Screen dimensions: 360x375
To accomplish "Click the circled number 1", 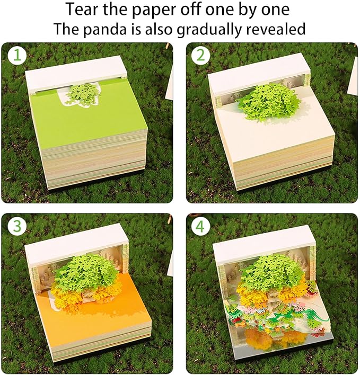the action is (17, 56).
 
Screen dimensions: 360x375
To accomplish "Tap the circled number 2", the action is (200, 56).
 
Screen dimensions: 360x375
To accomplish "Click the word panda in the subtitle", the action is (104, 29).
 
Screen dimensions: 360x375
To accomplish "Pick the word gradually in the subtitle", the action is (209, 29).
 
